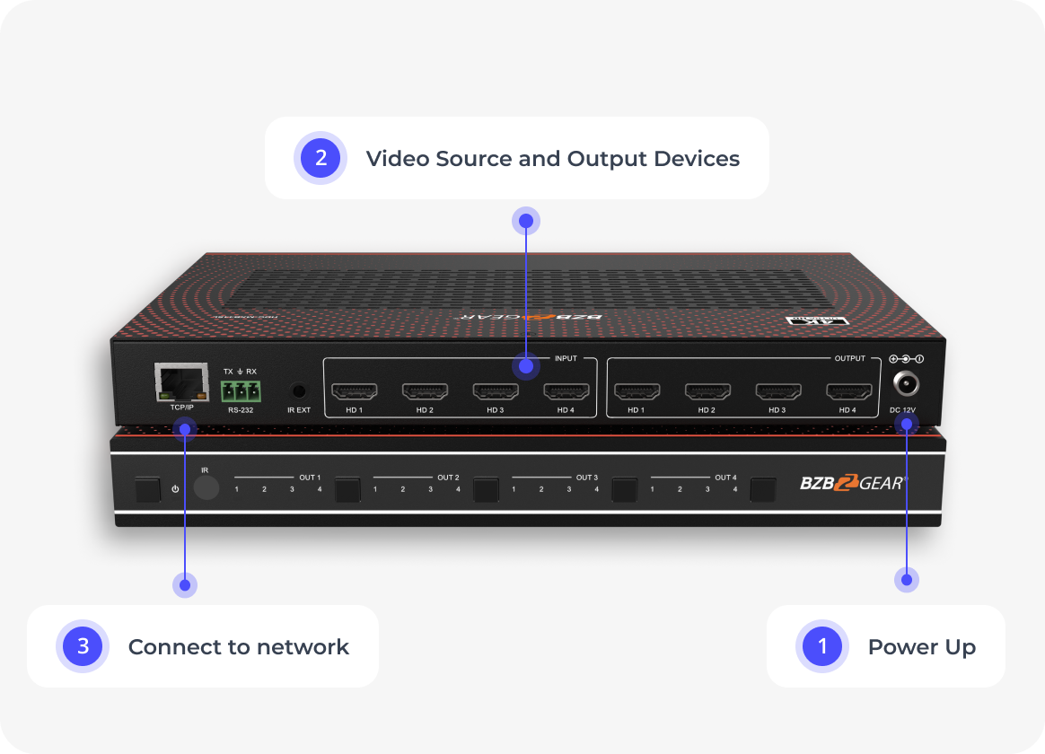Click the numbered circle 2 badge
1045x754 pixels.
point(321,158)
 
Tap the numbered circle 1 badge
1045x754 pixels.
point(821,646)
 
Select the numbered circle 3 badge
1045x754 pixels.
point(83,646)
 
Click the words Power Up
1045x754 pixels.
point(921,647)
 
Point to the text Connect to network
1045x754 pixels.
point(238,647)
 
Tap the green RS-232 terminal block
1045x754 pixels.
point(240,391)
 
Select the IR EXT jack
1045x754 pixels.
point(298,391)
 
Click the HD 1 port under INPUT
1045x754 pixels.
point(355,391)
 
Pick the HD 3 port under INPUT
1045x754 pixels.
point(496,391)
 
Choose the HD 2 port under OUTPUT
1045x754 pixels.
point(707,391)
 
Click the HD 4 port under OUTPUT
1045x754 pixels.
point(848,391)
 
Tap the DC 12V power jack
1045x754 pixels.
point(907,384)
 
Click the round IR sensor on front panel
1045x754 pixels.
point(206,487)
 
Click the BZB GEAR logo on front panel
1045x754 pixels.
point(853,483)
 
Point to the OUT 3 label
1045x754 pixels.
point(586,478)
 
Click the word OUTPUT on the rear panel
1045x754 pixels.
point(849,358)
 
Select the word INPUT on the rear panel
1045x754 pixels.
point(566,358)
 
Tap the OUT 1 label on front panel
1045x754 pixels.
point(310,478)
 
